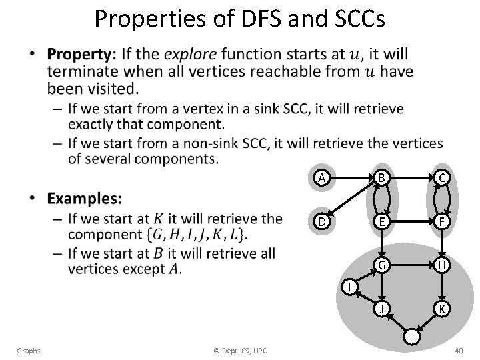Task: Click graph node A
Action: pos(322,177)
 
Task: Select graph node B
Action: pos(381,177)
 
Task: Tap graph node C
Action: pos(441,177)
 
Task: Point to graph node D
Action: pos(322,221)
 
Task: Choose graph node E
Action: pos(381,221)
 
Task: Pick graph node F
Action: pos(441,221)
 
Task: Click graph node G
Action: pos(381,265)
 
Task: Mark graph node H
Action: pos(441,265)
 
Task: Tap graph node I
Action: pos(347,287)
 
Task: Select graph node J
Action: pos(381,309)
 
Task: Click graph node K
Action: pos(441,309)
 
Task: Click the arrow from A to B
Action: pos(351,177)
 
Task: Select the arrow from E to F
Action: pos(411,221)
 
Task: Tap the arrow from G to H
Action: pos(411,265)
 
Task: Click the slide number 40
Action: pos(458,351)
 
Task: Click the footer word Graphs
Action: pos(29,351)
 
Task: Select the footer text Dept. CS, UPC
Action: pos(237,351)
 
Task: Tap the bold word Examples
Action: pos(85,198)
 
